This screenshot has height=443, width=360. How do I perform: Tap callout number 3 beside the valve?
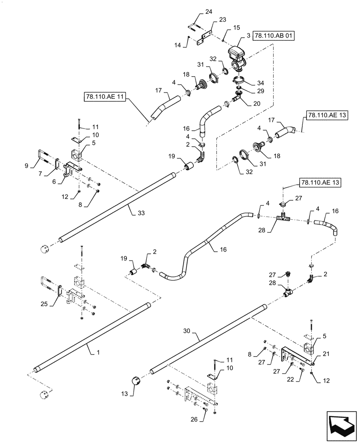(x=243, y=39)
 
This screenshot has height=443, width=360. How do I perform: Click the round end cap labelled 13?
(x=134, y=380)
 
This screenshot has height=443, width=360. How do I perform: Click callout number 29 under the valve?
(x=259, y=90)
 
